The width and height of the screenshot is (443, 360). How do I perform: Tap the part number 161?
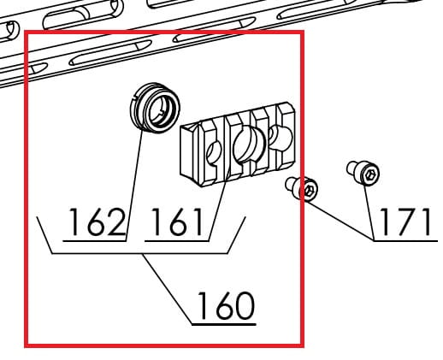tap(177, 222)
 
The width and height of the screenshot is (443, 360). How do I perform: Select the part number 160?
tap(226, 305)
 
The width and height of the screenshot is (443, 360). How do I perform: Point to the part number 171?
tap(405, 222)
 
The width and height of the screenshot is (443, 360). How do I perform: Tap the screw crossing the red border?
tap(302, 189)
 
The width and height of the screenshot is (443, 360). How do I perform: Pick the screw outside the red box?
tap(363, 173)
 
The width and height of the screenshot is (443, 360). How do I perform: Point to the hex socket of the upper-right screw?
tap(370, 175)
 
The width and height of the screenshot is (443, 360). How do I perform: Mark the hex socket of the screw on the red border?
tap(310, 191)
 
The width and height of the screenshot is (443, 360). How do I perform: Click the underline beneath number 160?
tap(224, 324)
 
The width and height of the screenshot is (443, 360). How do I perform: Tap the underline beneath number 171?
tap(405, 241)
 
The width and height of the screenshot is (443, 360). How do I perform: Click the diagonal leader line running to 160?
tap(168, 289)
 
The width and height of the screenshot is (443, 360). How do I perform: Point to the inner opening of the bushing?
tap(161, 110)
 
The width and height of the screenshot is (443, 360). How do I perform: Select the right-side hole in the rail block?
tap(281, 138)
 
